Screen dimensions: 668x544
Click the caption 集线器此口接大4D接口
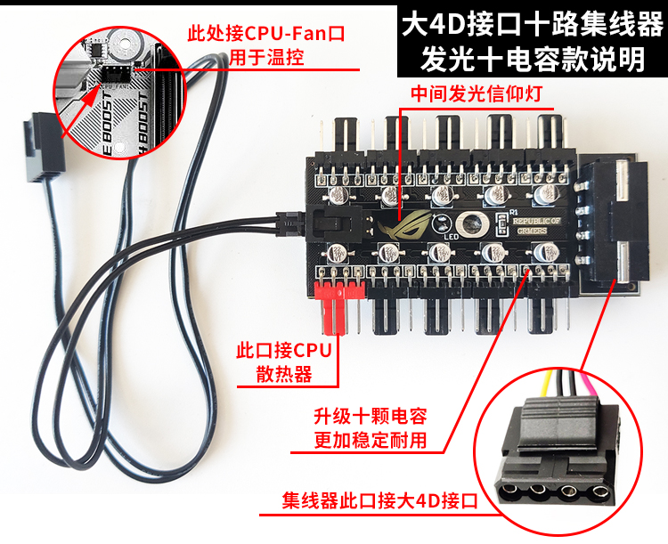click(x=380, y=501)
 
